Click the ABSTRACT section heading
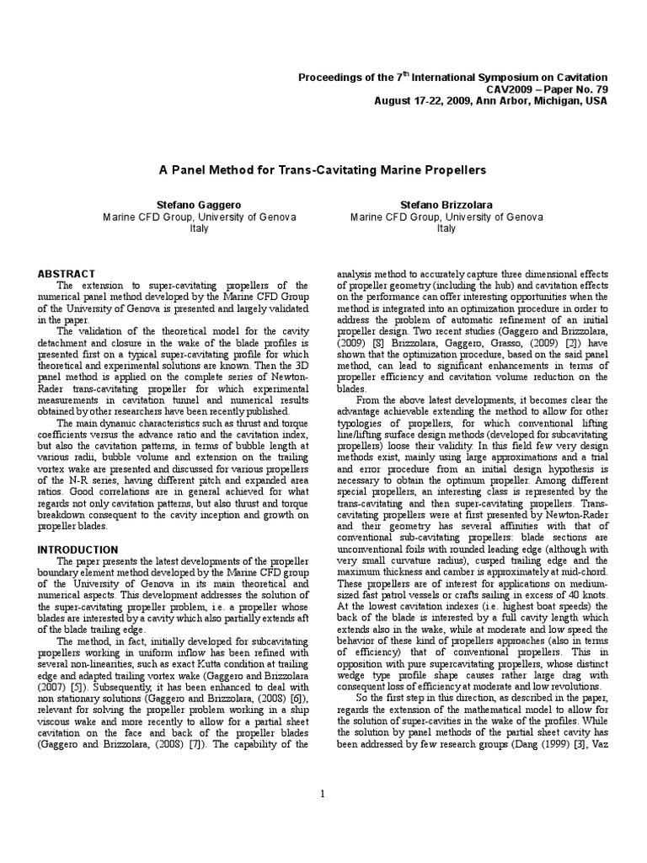point(67,274)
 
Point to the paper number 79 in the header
point(600,89)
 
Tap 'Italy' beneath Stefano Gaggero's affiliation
point(199,228)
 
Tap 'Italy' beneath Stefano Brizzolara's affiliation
point(446,228)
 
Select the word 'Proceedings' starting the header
point(331,78)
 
